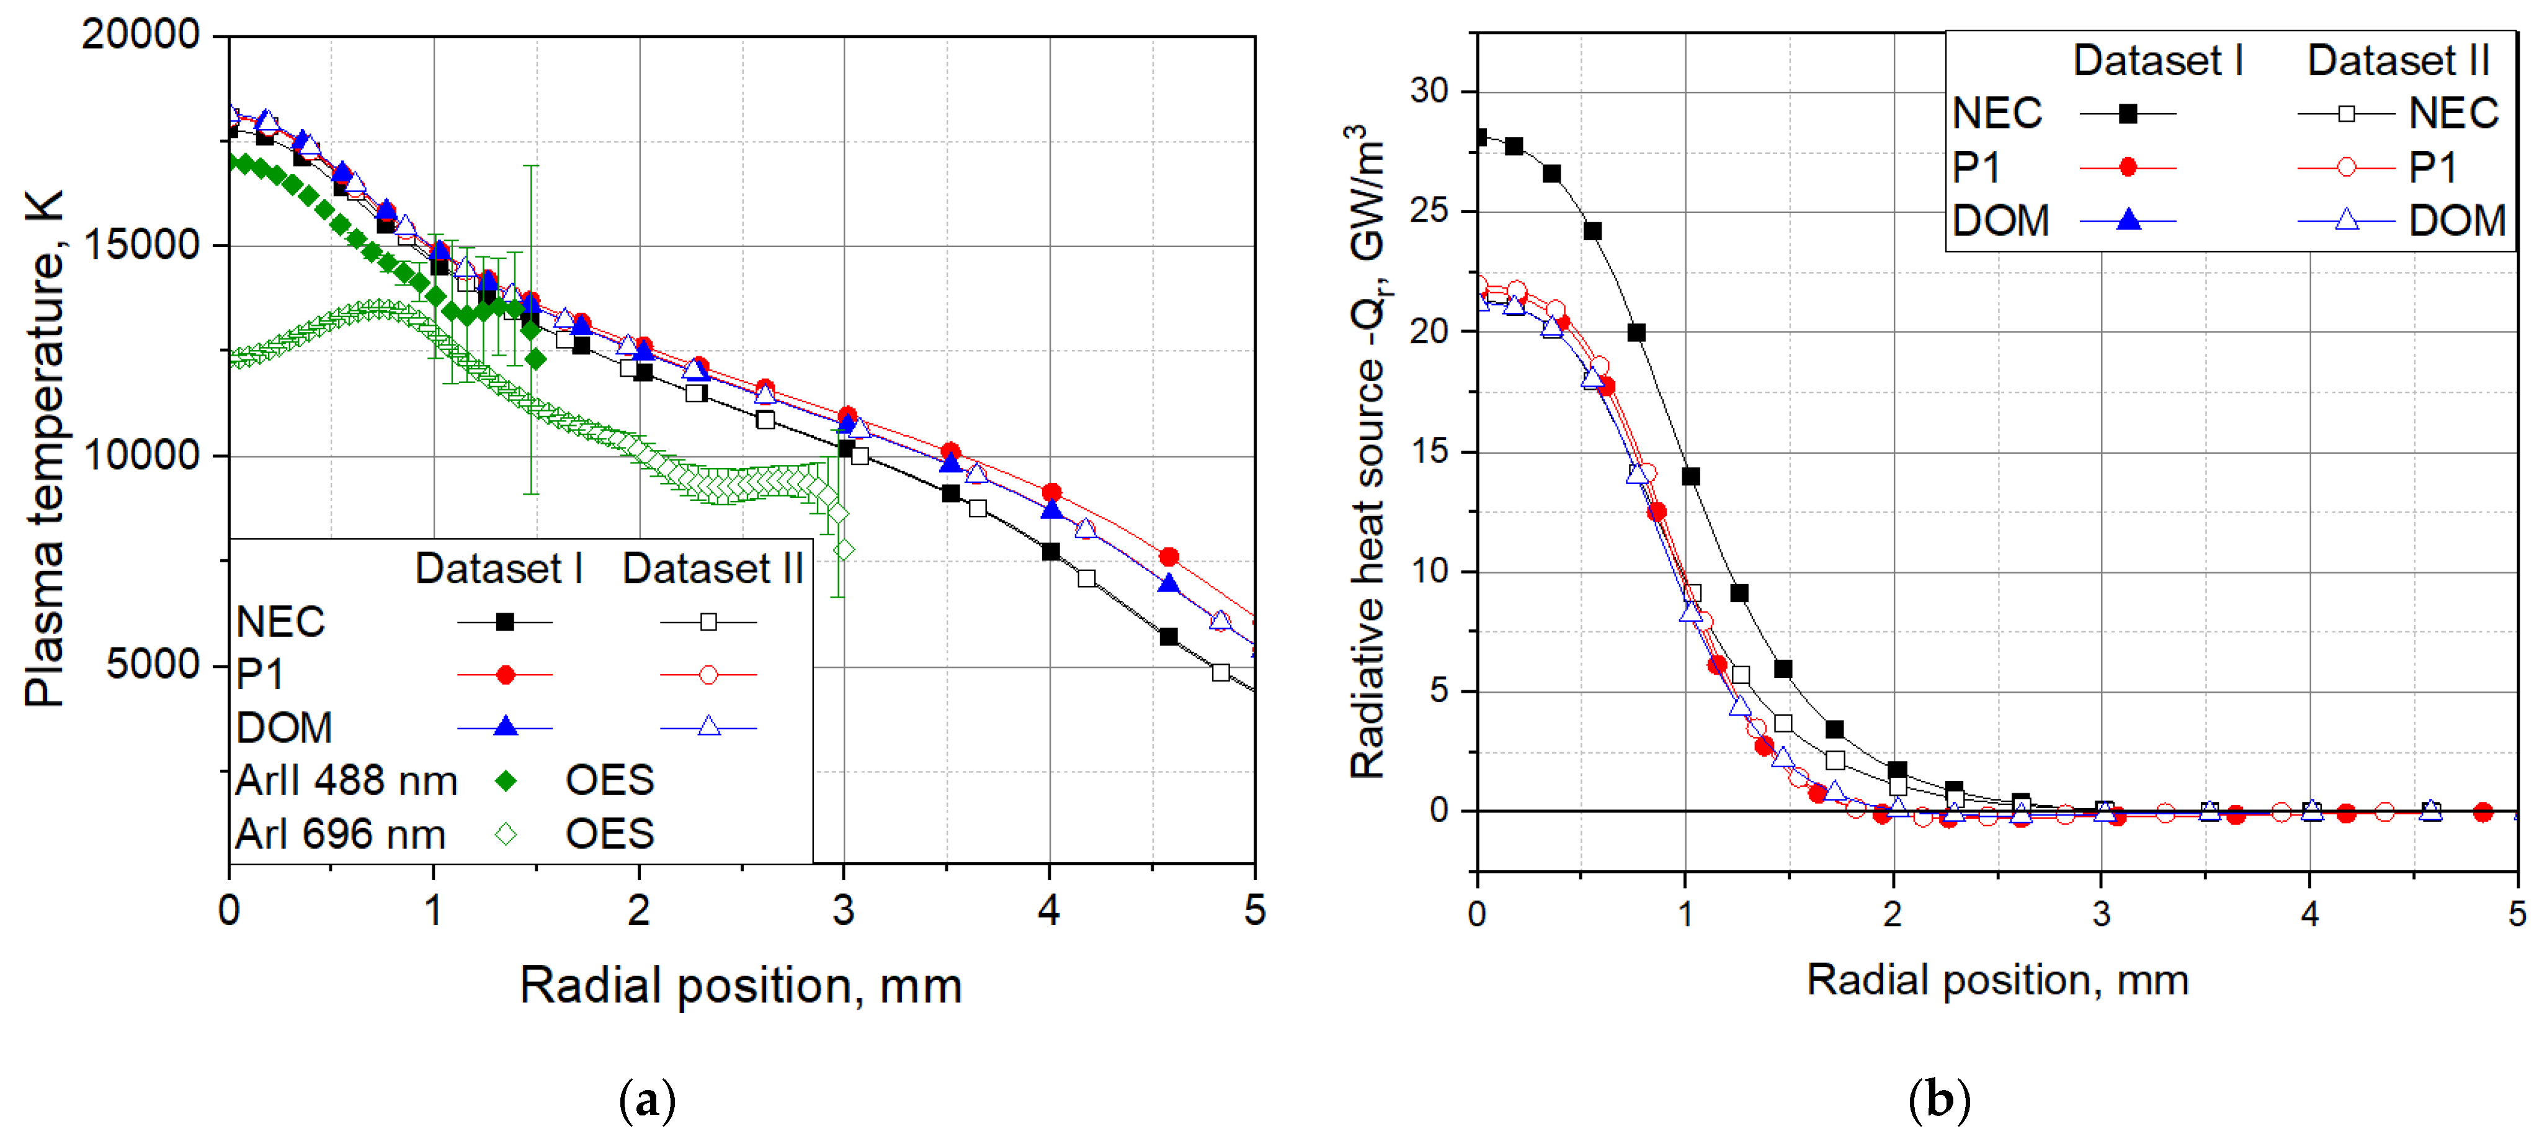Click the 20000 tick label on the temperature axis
[x=140, y=35]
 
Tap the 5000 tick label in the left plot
[x=153, y=665]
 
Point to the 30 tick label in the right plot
[x=1429, y=91]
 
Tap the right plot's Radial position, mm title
[x=1997, y=980]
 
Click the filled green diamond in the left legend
[x=506, y=781]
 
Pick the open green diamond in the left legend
[x=506, y=835]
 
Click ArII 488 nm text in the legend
[x=346, y=781]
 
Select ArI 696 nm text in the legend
[x=341, y=835]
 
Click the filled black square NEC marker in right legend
[x=2128, y=114]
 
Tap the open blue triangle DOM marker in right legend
[x=2347, y=220]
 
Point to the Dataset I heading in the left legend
[x=498, y=569]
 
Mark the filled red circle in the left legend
[x=506, y=675]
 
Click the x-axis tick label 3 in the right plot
[x=2101, y=913]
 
